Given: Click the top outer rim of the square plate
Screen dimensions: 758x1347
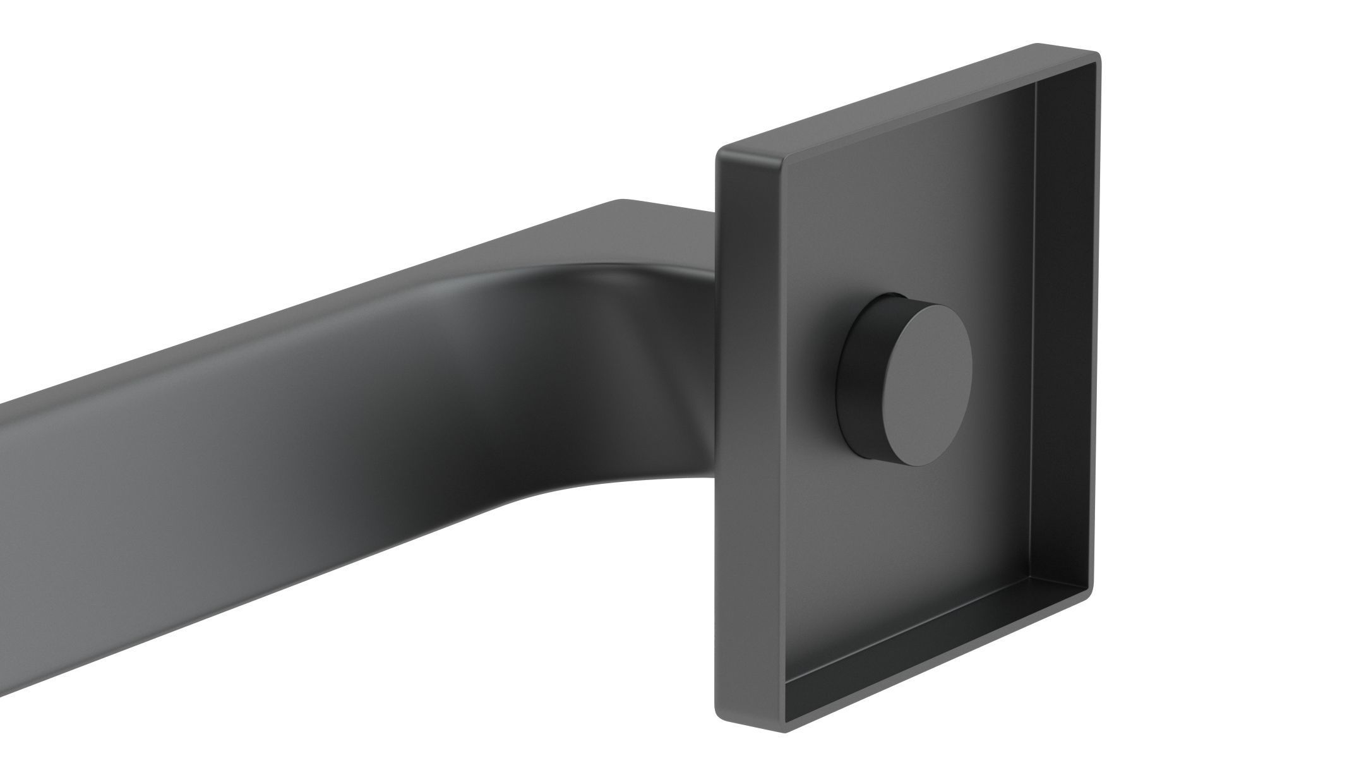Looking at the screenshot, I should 909,95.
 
